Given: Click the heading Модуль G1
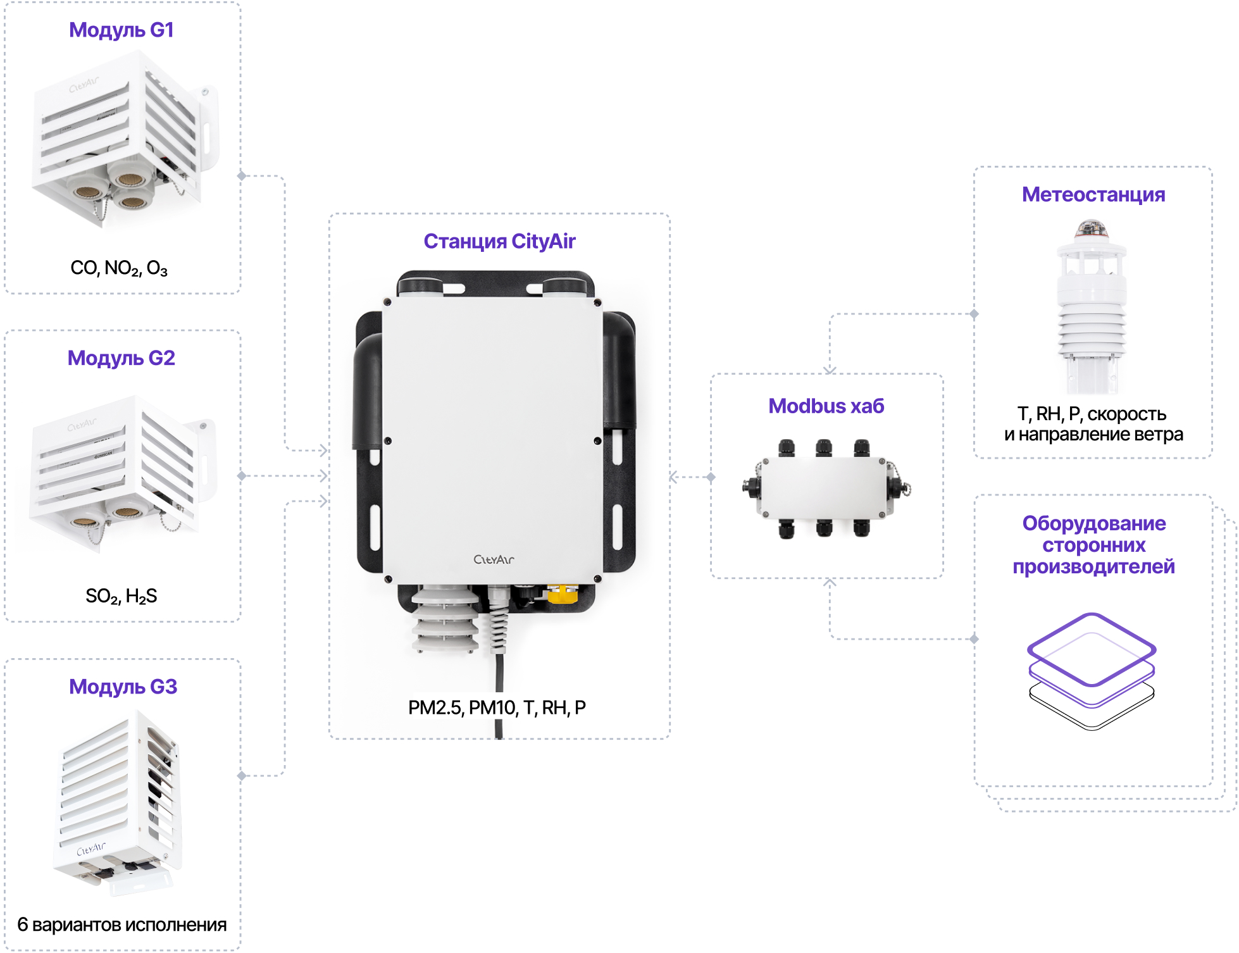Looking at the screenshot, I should [121, 30].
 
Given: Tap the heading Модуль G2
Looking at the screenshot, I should [121, 358].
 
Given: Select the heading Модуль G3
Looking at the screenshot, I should [123, 687].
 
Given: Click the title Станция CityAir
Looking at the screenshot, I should [499, 241].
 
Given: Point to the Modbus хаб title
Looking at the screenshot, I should [826, 406].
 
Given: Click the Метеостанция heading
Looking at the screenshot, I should [1093, 194].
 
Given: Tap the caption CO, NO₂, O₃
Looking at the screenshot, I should [119, 268].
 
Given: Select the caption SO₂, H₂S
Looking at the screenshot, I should [121, 596].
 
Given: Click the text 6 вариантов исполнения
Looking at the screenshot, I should [121, 925].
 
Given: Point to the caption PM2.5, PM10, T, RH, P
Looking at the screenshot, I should [497, 707].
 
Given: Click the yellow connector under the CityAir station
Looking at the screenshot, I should [562, 594].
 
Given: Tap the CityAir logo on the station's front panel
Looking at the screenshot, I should [494, 559].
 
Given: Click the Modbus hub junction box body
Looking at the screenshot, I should [825, 488].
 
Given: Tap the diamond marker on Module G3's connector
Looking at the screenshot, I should [241, 776].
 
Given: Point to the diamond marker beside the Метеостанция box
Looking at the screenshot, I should [974, 314].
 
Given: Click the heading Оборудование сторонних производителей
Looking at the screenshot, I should [1093, 545].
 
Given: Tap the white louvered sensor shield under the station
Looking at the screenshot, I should [445, 620].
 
